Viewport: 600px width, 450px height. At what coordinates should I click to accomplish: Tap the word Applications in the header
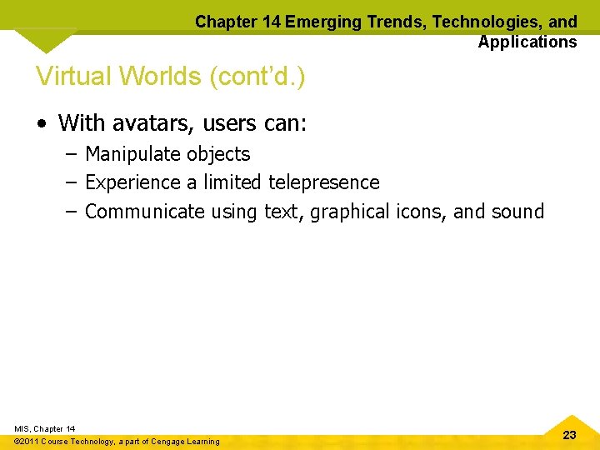(527, 42)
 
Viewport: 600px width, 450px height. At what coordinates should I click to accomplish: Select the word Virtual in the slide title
(73, 77)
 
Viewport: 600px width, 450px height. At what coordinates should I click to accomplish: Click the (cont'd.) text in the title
(257, 77)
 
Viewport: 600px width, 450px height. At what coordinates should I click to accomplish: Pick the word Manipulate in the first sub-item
(132, 154)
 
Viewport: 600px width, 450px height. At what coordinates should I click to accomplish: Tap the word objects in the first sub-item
(218, 154)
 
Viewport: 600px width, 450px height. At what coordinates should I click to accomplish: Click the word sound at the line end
(517, 212)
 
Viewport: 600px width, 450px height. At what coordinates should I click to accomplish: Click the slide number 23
(570, 435)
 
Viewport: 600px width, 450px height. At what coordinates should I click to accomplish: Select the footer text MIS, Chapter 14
(45, 428)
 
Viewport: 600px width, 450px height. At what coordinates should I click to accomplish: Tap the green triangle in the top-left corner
(46, 39)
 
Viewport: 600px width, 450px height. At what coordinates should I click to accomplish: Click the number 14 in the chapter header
(270, 22)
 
